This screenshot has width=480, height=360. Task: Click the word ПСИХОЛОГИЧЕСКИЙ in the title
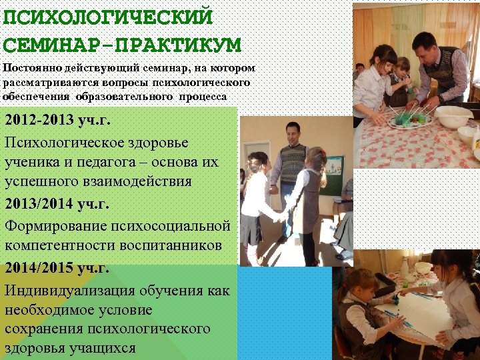coord(107,16)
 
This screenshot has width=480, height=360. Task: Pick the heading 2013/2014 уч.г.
coord(57,204)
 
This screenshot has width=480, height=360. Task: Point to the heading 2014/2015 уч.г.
coord(57,269)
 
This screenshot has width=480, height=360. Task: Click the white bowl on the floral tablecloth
coord(453,117)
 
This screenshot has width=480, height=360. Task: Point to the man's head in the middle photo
coord(291,131)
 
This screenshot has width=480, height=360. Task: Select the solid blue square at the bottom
coord(285,313)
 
